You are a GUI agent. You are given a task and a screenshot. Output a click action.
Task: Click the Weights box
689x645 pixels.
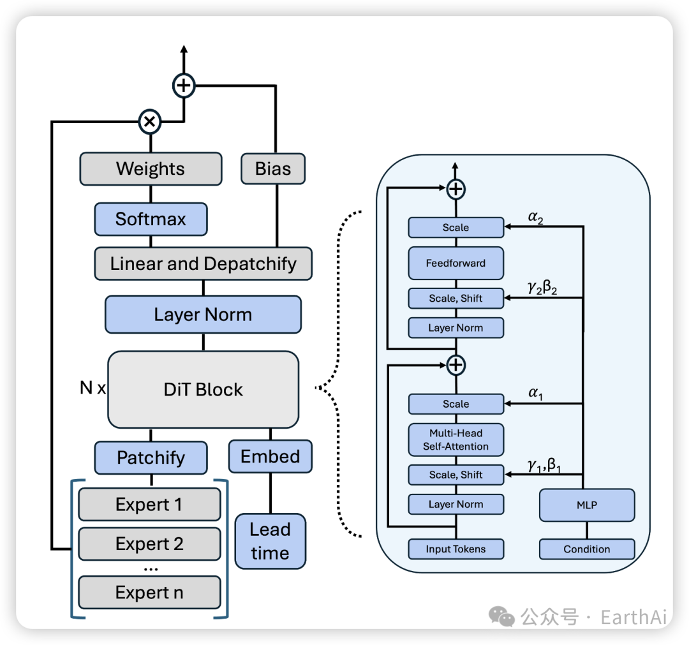[x=151, y=169]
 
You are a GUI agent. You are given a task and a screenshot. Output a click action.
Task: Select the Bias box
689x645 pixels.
[x=273, y=169]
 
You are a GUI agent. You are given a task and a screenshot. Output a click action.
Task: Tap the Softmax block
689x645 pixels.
[x=151, y=219]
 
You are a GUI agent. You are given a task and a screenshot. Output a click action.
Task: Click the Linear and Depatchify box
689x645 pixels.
[x=203, y=263]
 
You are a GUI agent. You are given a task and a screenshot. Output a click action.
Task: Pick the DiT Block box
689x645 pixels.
[x=203, y=390]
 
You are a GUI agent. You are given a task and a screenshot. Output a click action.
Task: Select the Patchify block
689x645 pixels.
[x=151, y=457]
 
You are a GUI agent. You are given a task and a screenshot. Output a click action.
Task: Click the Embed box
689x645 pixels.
[x=270, y=457]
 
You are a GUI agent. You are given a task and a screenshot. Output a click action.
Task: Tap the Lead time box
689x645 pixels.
[x=270, y=542]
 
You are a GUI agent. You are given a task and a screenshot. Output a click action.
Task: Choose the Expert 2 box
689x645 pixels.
[x=149, y=544]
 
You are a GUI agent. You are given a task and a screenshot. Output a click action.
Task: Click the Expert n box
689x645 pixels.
[x=149, y=593]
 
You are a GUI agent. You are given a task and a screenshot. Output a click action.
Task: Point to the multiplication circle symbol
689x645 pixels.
[x=150, y=121]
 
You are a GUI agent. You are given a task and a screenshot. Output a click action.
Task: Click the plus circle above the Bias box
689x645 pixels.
[x=184, y=85]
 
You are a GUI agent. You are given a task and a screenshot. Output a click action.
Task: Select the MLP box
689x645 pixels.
[x=587, y=505]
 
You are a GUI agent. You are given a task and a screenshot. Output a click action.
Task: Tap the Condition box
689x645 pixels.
[x=587, y=549]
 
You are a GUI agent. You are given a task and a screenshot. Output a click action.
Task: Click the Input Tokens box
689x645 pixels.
[x=456, y=549]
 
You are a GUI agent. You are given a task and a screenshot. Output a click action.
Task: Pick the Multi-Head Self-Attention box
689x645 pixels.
[x=456, y=440]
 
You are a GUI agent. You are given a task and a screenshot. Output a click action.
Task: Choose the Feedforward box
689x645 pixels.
[x=456, y=263]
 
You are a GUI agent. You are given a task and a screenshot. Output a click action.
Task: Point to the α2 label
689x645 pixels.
[x=536, y=219]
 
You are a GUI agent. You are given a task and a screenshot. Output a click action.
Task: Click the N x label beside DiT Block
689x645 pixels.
[x=93, y=387]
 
